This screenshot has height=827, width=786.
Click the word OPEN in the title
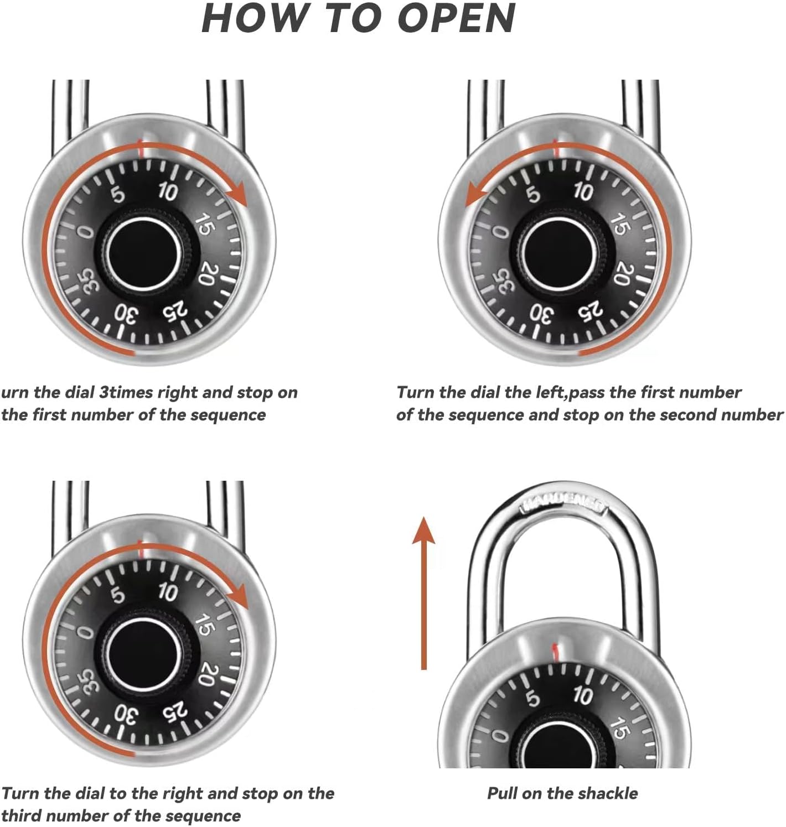pyautogui.click(x=457, y=18)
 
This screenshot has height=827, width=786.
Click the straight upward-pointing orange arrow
pyautogui.click(x=423, y=592)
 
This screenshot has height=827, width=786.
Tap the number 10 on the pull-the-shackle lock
pyautogui.click(x=582, y=695)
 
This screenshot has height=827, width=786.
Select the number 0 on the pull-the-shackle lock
pyautogui.click(x=500, y=736)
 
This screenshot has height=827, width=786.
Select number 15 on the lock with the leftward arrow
pyautogui.click(x=619, y=223)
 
